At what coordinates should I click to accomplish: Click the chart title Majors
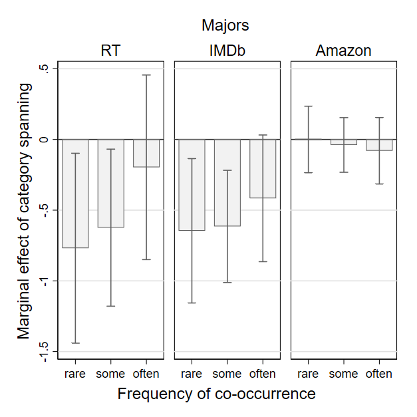225,26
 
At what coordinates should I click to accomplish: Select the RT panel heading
110,51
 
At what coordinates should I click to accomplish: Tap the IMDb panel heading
227,51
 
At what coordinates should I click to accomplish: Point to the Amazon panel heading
343,51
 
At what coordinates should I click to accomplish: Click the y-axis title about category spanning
25,211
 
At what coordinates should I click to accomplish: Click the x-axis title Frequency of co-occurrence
216,394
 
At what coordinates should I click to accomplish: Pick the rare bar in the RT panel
75,194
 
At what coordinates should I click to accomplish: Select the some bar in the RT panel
111,184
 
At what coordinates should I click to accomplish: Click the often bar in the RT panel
146,153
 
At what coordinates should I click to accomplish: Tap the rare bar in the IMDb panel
192,185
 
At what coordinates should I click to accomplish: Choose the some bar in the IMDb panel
227,183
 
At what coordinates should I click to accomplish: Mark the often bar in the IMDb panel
263,169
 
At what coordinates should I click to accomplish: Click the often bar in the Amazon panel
379,145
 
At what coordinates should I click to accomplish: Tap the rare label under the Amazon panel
308,374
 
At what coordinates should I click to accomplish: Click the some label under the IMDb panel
227,374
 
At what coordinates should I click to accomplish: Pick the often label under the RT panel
146,374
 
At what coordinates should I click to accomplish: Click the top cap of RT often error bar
146,75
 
